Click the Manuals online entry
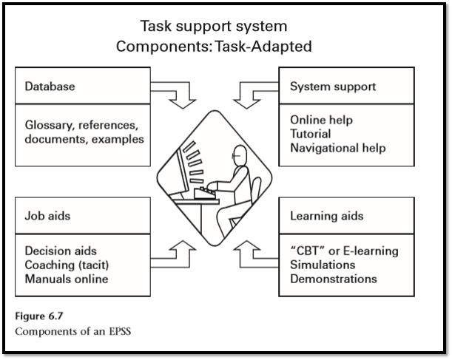(x=66, y=279)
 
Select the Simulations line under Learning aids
(x=323, y=265)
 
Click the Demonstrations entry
(x=334, y=279)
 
